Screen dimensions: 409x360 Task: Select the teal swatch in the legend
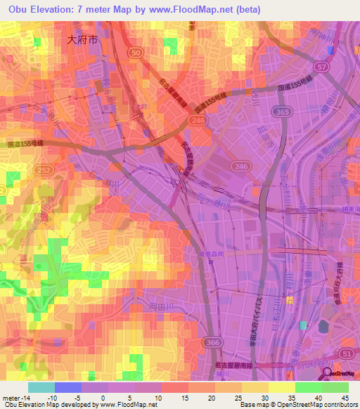click(x=41, y=387)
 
